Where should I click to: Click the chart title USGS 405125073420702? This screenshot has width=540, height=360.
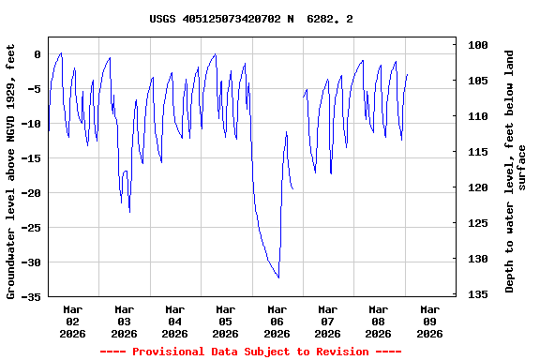pyautogui.click(x=251, y=19)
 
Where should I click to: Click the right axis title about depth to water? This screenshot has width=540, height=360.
pyautogui.click(x=516, y=171)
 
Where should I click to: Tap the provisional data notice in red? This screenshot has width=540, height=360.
pyautogui.click(x=250, y=352)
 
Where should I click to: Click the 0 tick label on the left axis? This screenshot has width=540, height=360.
pyautogui.click(x=37, y=54)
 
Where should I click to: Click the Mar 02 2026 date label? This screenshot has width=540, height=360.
pyautogui.click(x=73, y=321)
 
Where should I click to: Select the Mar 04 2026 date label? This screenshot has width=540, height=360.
pyautogui.click(x=174, y=321)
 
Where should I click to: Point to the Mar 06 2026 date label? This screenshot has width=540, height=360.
pyautogui.click(x=277, y=321)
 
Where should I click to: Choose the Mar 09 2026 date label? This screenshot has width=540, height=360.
pyautogui.click(x=429, y=321)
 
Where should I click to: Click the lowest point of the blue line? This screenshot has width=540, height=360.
pyautogui.click(x=278, y=277)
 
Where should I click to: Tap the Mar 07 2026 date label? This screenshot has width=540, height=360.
pyautogui.click(x=327, y=321)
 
